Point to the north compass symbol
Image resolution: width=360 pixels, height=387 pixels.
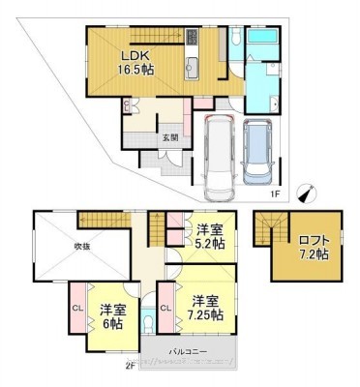point(305,193)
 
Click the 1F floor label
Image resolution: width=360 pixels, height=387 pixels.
point(275,194)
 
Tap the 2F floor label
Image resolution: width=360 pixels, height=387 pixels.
point(129,365)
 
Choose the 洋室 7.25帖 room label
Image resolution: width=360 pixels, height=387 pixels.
point(206,308)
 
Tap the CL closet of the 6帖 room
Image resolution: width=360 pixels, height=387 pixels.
point(76,309)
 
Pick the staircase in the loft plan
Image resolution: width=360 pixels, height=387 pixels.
point(267,230)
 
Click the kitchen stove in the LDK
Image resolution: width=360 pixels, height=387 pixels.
point(191,39)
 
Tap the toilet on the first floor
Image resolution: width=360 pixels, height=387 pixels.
point(235,39)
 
